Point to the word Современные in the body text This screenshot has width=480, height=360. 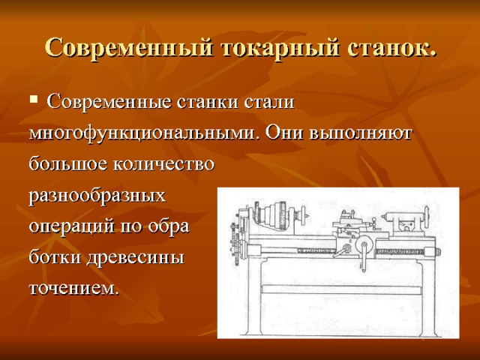(x=110, y=101)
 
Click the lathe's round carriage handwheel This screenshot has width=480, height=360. (x=361, y=247)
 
